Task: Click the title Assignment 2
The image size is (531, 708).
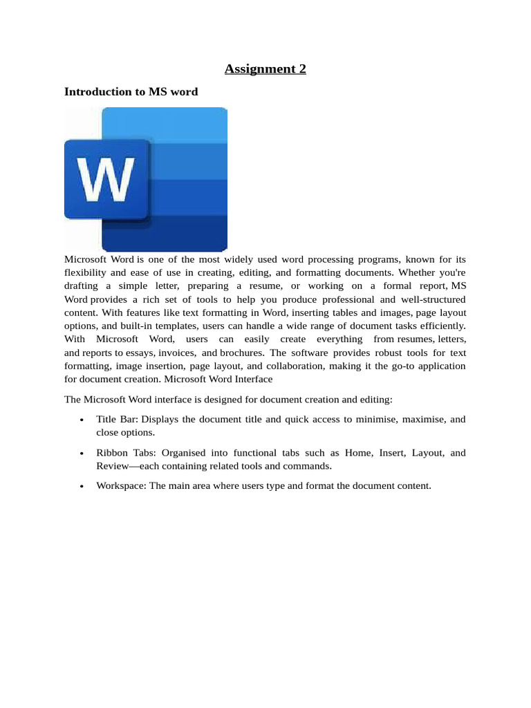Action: (265, 68)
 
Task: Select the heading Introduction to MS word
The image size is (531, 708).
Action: (131, 91)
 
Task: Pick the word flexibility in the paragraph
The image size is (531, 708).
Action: (86, 272)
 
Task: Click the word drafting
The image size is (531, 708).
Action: (82, 286)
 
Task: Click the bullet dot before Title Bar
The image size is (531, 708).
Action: (82, 420)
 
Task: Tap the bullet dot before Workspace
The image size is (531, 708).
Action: (82, 486)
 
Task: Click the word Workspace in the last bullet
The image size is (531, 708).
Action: (121, 486)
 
